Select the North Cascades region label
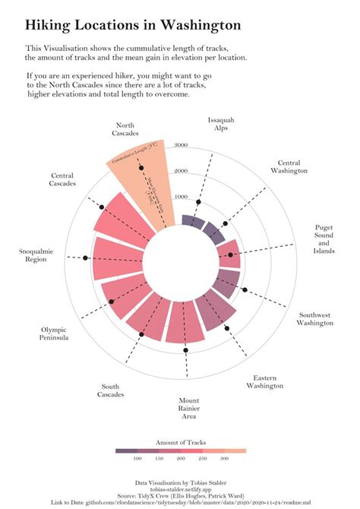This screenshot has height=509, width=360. pyautogui.click(x=125, y=129)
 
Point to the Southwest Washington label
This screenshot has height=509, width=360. pyautogui.click(x=315, y=318)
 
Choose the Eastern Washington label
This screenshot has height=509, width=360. pyautogui.click(x=264, y=381)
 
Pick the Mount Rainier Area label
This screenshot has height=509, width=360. pyautogui.click(x=189, y=408)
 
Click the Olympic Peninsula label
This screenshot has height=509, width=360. pyautogui.click(x=55, y=334)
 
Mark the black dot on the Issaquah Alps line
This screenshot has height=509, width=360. pyautogui.click(x=198, y=202)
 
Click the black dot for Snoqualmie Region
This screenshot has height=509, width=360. pyautogui.click(x=86, y=259)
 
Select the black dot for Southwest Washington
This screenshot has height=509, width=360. pyautogui.click(x=245, y=290)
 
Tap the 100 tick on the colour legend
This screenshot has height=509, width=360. pyautogui.click(x=137, y=459)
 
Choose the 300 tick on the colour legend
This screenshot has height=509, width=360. pyautogui.click(x=224, y=459)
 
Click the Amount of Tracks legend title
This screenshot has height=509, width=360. pyautogui.click(x=181, y=442)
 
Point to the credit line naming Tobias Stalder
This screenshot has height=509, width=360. pyautogui.click(x=180, y=482)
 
